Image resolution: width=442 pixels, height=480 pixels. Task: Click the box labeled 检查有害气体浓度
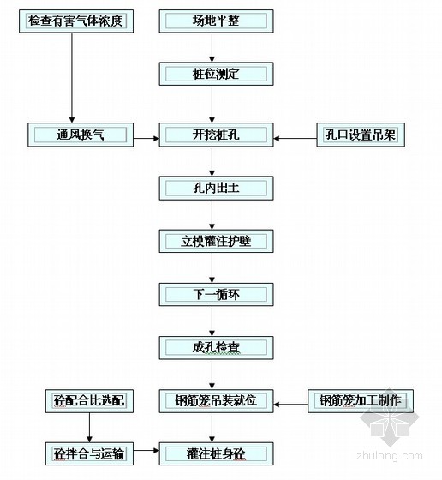(x=76, y=21)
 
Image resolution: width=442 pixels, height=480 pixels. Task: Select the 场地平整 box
(x=216, y=21)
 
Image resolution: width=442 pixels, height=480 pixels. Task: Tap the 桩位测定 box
(x=216, y=74)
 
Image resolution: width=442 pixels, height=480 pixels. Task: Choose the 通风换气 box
(x=81, y=135)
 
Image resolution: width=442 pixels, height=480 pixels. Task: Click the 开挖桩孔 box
(x=216, y=135)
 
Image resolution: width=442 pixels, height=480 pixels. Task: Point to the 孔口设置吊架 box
(x=361, y=135)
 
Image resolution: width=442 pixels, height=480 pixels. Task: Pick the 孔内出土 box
(x=216, y=189)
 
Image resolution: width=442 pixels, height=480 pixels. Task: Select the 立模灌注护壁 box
(x=216, y=241)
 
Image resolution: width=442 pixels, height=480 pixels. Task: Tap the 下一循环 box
(x=216, y=295)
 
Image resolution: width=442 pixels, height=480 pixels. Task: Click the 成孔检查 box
(x=216, y=348)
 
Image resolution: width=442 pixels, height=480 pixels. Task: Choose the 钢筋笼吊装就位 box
(x=216, y=401)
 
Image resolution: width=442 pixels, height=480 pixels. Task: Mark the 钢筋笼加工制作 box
(x=361, y=401)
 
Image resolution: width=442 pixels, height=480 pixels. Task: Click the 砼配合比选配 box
(x=89, y=401)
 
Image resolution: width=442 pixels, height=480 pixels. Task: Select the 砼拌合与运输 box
(x=89, y=453)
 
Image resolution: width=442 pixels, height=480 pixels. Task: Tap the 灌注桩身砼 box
(x=216, y=453)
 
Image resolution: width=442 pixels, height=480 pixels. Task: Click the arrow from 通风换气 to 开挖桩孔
(x=146, y=138)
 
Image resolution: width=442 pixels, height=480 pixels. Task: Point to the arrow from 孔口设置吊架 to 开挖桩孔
(x=295, y=138)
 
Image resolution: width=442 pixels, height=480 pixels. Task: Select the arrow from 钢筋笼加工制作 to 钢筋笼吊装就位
(x=290, y=405)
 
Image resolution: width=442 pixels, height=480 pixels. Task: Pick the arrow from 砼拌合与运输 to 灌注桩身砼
(x=146, y=450)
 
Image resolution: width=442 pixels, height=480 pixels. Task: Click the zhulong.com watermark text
(x=390, y=456)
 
